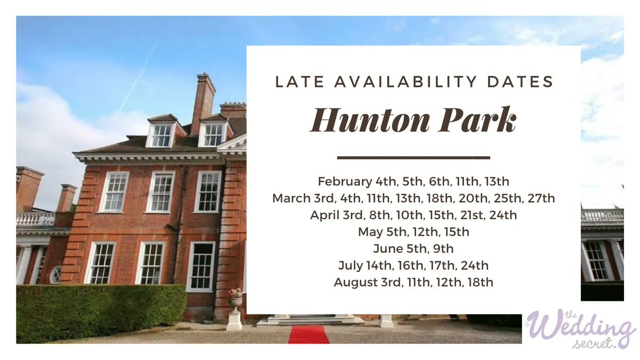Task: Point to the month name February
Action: point(342,181)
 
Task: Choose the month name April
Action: point(324,215)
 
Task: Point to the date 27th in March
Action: point(541,198)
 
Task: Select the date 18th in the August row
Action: point(480,282)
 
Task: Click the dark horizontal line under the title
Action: point(413,158)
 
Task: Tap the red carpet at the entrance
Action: point(309,335)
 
